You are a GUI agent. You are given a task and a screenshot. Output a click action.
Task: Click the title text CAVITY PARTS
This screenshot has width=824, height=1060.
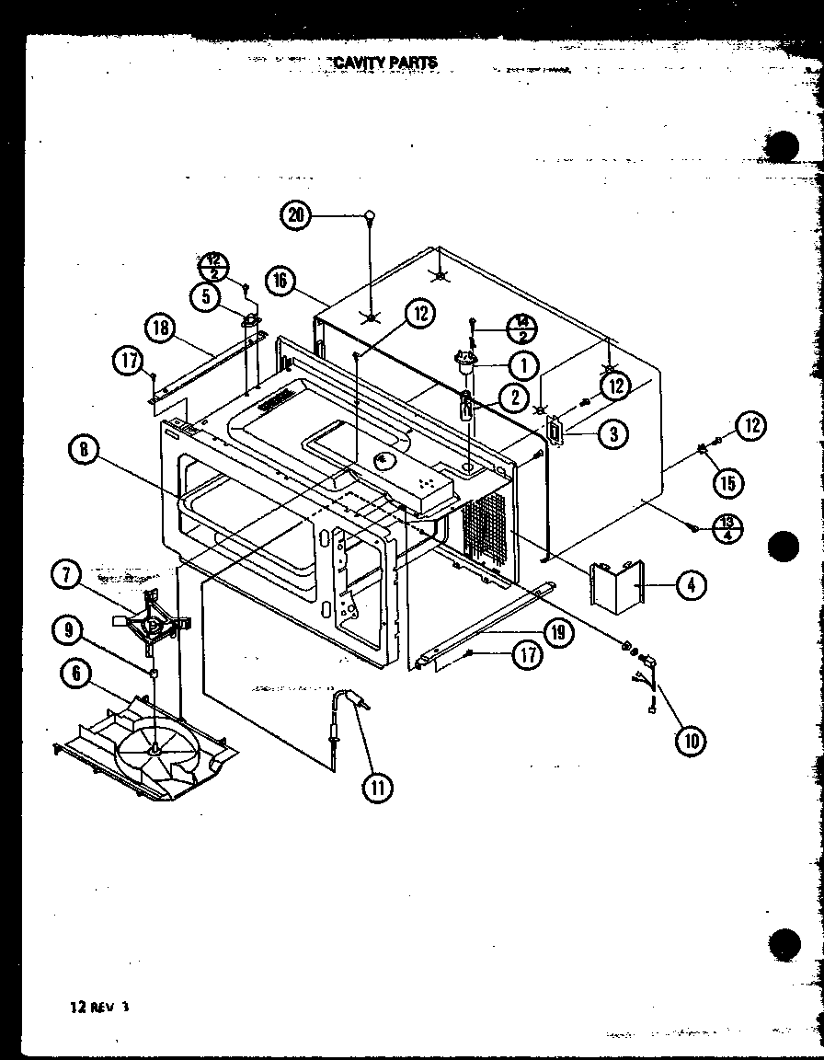pos(384,63)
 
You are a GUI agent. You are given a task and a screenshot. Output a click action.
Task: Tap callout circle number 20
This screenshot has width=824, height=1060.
pos(295,215)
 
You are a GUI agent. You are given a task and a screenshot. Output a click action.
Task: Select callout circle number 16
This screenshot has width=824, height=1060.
pos(281,281)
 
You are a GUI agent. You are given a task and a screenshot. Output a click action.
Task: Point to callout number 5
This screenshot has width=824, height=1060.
pos(206,295)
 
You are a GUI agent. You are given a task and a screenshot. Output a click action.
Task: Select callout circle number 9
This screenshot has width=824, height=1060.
pos(67,632)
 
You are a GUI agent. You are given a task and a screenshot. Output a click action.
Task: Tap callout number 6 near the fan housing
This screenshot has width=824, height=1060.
pos(75,674)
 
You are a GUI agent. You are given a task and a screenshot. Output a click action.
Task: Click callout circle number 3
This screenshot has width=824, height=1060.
pos(612,433)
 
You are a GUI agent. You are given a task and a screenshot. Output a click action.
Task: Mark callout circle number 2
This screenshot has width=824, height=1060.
pos(512,397)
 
